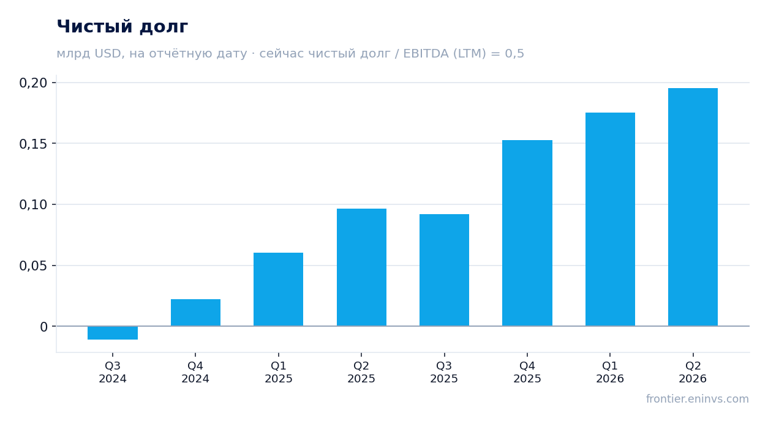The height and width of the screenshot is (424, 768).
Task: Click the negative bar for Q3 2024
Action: [x=113, y=333]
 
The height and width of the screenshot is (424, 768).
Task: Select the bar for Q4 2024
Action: [x=195, y=313]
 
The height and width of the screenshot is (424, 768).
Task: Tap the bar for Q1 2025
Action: [x=279, y=289]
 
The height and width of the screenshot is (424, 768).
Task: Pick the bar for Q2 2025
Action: [x=361, y=267]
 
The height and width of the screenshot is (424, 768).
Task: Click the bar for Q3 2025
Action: [x=445, y=270]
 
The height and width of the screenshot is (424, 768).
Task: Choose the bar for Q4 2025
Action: [x=527, y=233]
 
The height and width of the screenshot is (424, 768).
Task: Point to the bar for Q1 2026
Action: [x=610, y=219]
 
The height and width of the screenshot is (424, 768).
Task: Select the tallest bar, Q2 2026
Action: [x=693, y=207]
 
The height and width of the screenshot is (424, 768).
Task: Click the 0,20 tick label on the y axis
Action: [x=33, y=83]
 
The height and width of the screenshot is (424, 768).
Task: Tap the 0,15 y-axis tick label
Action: [x=33, y=144]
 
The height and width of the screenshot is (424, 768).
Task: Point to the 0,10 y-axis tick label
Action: [x=33, y=205]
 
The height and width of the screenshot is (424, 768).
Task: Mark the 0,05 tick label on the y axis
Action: [x=33, y=266]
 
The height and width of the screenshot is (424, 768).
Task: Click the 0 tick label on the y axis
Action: [x=44, y=327]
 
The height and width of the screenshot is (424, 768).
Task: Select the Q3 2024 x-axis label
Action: [x=113, y=372]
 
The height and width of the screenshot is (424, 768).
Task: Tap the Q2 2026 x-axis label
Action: [x=693, y=372]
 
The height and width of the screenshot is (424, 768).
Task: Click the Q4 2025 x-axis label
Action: [x=527, y=372]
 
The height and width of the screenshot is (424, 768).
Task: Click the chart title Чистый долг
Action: [x=122, y=27]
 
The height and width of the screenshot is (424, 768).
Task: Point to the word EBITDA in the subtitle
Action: [x=426, y=53]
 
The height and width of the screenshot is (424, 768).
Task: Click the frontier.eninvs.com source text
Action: [x=698, y=399]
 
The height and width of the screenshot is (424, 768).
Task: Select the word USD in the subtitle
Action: [x=108, y=54]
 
